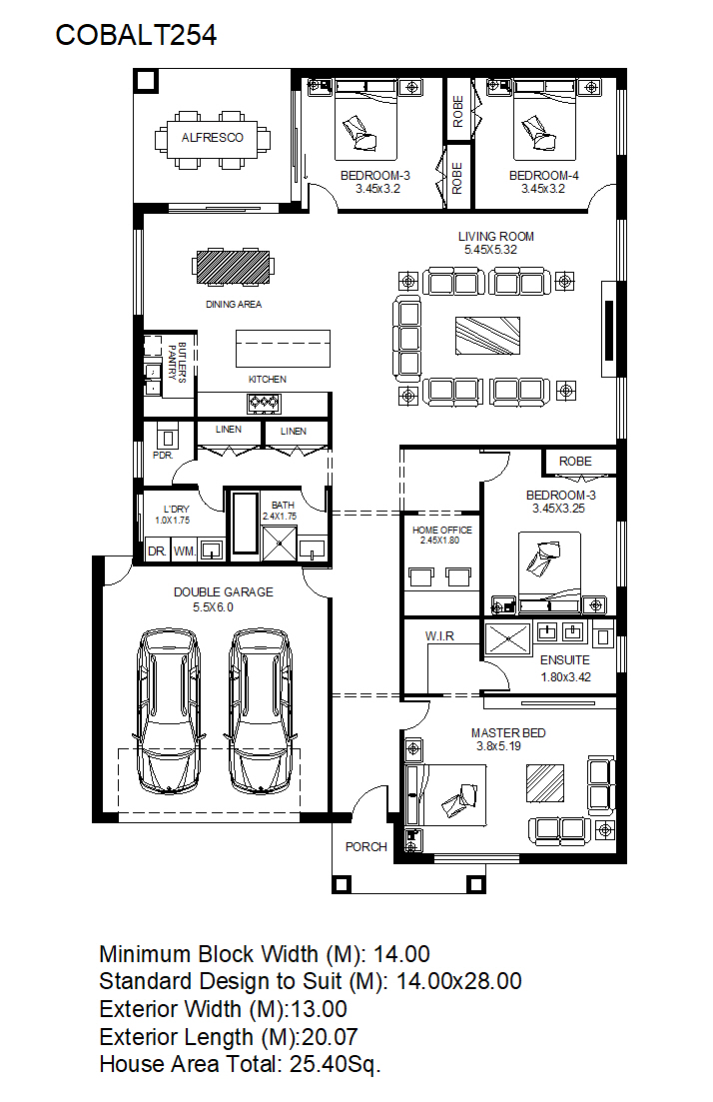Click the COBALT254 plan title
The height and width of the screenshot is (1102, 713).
pyautogui.click(x=136, y=35)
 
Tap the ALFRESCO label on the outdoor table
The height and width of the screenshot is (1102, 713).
pyautogui.click(x=212, y=138)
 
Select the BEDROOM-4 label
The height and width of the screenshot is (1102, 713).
pyautogui.click(x=543, y=176)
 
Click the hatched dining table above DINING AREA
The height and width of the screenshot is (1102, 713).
pyautogui.click(x=234, y=267)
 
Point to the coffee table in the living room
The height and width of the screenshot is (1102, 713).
pyautogui.click(x=487, y=336)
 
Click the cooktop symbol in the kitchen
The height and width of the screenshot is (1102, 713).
pyautogui.click(x=264, y=403)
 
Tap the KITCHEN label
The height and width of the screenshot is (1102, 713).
pyautogui.click(x=267, y=380)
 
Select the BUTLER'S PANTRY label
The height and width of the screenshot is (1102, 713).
pyautogui.click(x=177, y=362)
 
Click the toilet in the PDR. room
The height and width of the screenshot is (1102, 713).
pyautogui.click(x=167, y=438)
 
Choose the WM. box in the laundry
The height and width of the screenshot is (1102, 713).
pyautogui.click(x=184, y=551)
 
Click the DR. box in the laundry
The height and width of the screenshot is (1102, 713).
pyautogui.click(x=158, y=551)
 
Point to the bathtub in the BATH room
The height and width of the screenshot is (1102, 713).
pyautogui.click(x=246, y=524)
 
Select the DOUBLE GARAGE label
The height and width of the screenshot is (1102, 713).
pyautogui.click(x=224, y=592)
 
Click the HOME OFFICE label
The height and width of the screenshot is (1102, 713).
pyautogui.click(x=441, y=530)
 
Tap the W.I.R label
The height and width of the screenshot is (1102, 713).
pyautogui.click(x=439, y=636)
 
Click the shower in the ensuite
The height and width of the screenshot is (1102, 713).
pyautogui.click(x=507, y=638)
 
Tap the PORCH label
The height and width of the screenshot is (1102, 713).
pyautogui.click(x=365, y=847)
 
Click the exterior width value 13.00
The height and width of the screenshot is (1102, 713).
pyautogui.click(x=319, y=1009)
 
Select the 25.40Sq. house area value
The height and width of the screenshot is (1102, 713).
pyautogui.click(x=336, y=1064)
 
